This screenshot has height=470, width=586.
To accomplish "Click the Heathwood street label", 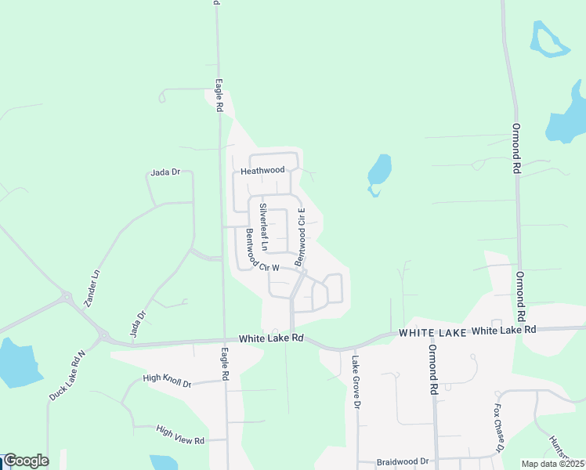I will pyautogui.click(x=262, y=170).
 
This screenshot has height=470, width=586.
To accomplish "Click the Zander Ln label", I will pyautogui.click(x=92, y=288).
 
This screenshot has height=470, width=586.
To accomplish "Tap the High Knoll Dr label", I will pyautogui.click(x=167, y=381).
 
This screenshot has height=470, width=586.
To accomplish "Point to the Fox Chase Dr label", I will pyautogui.click(x=497, y=429).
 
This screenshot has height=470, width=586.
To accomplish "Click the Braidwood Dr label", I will pyautogui.click(x=403, y=462).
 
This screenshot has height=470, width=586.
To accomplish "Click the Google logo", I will pyautogui.click(x=26, y=461).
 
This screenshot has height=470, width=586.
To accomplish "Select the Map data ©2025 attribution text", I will pyautogui.click(x=553, y=464).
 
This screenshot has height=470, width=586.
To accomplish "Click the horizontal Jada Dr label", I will pyautogui.click(x=166, y=172).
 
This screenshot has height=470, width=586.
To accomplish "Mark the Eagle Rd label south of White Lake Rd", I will pyautogui.click(x=224, y=364).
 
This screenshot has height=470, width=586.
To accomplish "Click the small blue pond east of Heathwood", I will pyautogui.click(x=379, y=173).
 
